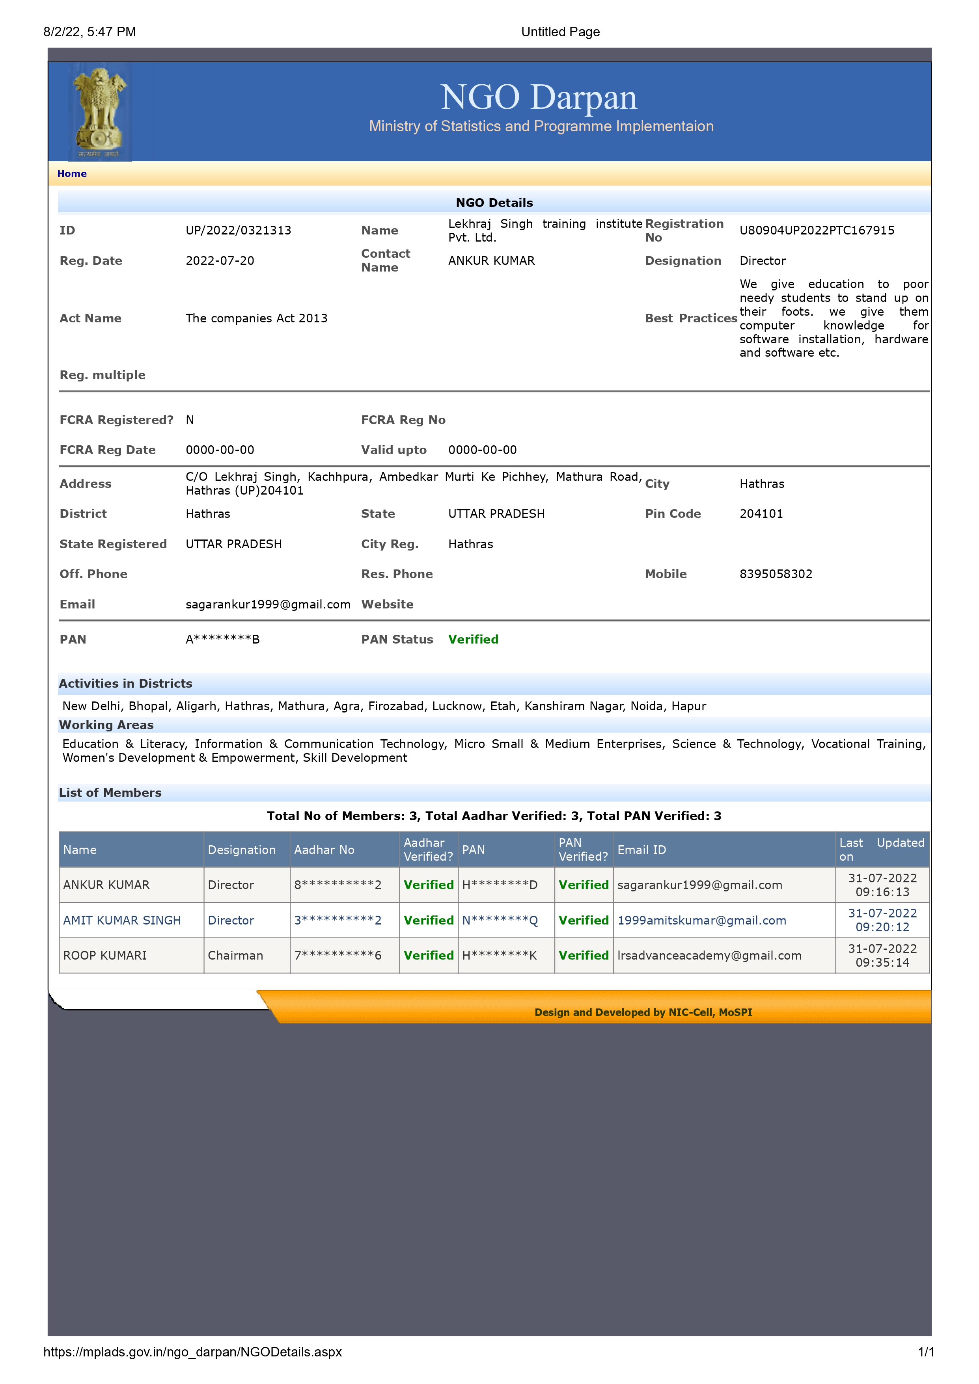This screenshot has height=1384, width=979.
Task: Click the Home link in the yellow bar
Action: (x=72, y=174)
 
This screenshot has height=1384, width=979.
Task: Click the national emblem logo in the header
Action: (x=99, y=112)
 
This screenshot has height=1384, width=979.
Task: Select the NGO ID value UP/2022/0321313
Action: (x=238, y=230)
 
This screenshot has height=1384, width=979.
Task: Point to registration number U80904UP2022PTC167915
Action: (x=817, y=230)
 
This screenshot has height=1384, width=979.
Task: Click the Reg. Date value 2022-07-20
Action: (x=220, y=261)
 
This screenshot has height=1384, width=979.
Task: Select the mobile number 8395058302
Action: (x=776, y=574)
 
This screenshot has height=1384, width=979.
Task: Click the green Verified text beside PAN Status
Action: (x=473, y=640)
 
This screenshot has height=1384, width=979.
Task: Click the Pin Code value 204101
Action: (x=761, y=513)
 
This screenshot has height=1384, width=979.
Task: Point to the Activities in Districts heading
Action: (x=125, y=684)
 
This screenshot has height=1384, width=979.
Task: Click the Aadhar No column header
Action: (x=324, y=850)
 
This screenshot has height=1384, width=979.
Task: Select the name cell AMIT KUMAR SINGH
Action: (x=122, y=921)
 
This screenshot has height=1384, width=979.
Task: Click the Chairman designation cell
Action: (x=235, y=955)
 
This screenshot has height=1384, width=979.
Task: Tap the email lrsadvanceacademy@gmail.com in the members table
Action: (x=709, y=955)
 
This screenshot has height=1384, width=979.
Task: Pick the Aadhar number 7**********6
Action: (x=338, y=955)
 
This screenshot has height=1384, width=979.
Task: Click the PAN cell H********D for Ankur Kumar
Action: (x=500, y=885)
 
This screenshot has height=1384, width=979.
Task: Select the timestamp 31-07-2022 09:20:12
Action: (x=882, y=921)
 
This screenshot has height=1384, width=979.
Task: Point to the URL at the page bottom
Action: (x=192, y=1352)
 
